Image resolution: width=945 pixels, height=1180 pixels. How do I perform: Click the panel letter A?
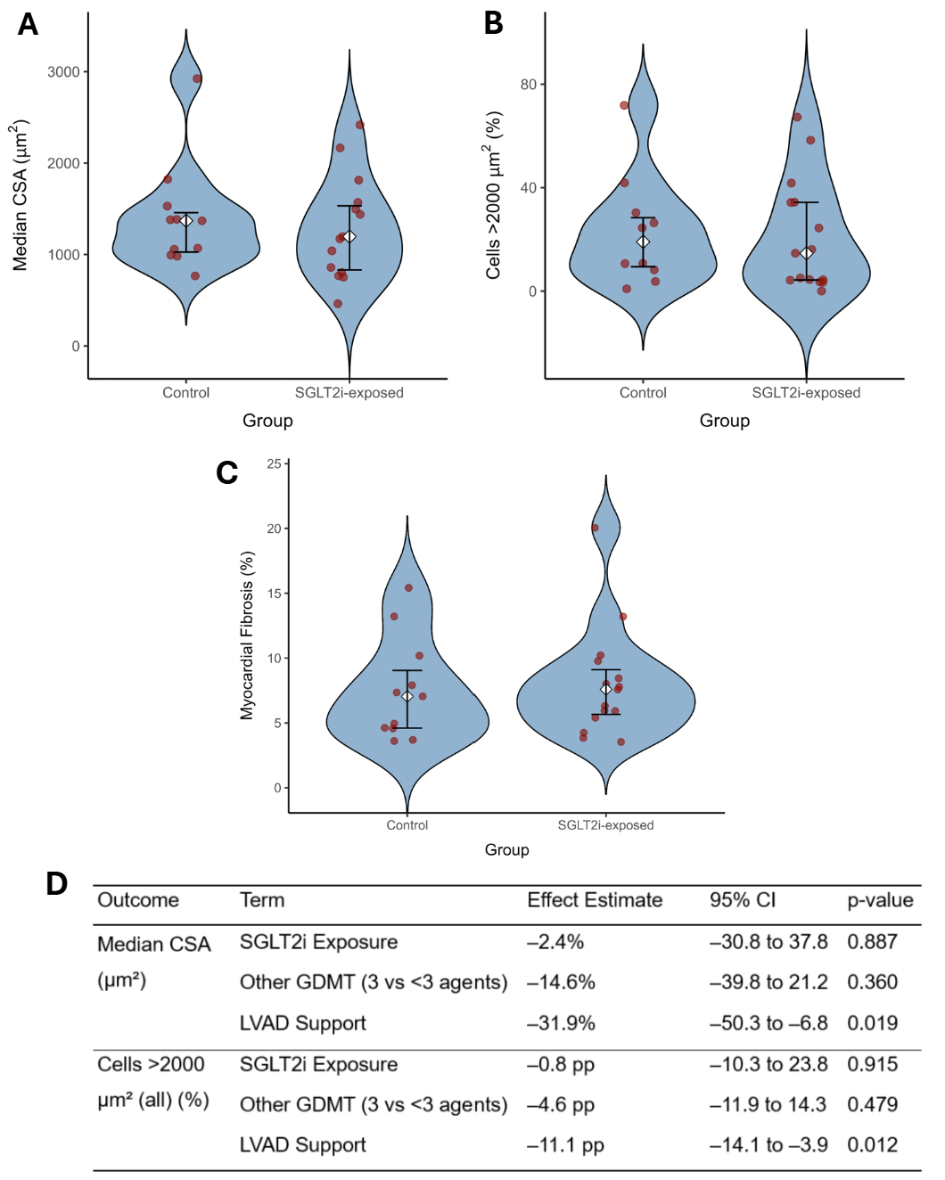click(x=28, y=24)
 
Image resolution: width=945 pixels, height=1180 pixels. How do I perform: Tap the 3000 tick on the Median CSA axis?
click(x=63, y=72)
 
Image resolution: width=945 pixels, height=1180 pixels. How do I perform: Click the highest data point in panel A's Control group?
click(x=197, y=78)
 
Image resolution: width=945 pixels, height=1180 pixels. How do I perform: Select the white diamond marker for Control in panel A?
click(x=186, y=221)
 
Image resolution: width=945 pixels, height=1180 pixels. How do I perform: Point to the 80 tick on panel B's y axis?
click(x=529, y=85)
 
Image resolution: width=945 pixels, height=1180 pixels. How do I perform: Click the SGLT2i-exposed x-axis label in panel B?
click(x=806, y=393)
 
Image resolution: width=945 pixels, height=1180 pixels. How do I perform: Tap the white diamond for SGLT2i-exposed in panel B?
click(x=806, y=253)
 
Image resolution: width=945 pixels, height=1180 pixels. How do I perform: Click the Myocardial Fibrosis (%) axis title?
click(x=247, y=635)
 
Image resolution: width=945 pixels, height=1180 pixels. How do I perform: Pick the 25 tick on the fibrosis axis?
click(x=274, y=464)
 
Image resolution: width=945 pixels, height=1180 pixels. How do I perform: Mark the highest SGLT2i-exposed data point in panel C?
click(x=595, y=528)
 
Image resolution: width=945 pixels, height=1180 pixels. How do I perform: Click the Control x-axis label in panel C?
click(x=407, y=825)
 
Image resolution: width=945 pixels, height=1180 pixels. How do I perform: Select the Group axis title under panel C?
click(x=506, y=850)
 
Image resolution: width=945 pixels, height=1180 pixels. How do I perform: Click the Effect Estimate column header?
click(x=595, y=900)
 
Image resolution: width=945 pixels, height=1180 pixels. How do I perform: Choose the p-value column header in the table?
click(x=880, y=900)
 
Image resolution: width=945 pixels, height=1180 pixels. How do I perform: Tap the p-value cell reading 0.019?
click(x=872, y=1023)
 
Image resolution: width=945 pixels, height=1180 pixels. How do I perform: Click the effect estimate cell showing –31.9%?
click(x=561, y=1023)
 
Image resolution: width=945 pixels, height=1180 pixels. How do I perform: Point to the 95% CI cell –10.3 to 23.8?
click(x=768, y=1064)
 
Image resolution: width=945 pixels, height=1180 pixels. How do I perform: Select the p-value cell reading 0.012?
click(x=872, y=1145)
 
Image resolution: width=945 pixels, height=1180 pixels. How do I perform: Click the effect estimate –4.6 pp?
click(x=561, y=1105)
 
